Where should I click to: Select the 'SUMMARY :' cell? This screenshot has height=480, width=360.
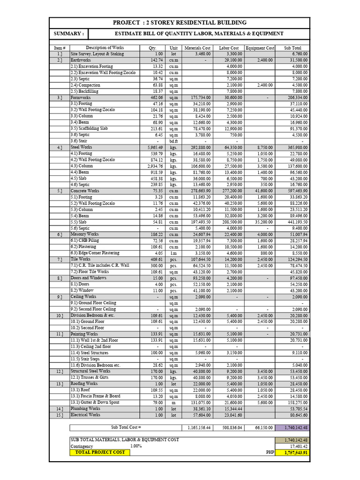pos(69,34)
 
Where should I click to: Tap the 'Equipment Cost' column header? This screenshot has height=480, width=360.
pos(260,48)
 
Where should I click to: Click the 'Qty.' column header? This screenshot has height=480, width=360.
pos(152,48)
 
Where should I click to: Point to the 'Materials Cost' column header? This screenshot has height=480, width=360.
pos(198,48)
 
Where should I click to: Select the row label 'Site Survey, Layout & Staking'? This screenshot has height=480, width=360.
pos(97,54)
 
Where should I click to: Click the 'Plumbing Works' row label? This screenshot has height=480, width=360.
pos(85,409)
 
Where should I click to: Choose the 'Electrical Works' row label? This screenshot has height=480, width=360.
pos(85,415)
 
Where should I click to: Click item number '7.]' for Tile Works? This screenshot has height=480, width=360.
pos(60,259)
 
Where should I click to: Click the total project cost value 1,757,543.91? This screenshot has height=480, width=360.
pos(292,453)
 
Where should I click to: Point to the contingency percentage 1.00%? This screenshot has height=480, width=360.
pos(136,446)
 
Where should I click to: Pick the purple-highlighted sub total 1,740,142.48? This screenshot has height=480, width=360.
pos(292,427)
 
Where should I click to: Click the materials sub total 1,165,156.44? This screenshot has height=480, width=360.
pos(199,427)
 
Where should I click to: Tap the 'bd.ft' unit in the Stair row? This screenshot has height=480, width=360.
pos(174,141)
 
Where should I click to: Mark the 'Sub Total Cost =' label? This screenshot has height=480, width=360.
pos(126,427)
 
